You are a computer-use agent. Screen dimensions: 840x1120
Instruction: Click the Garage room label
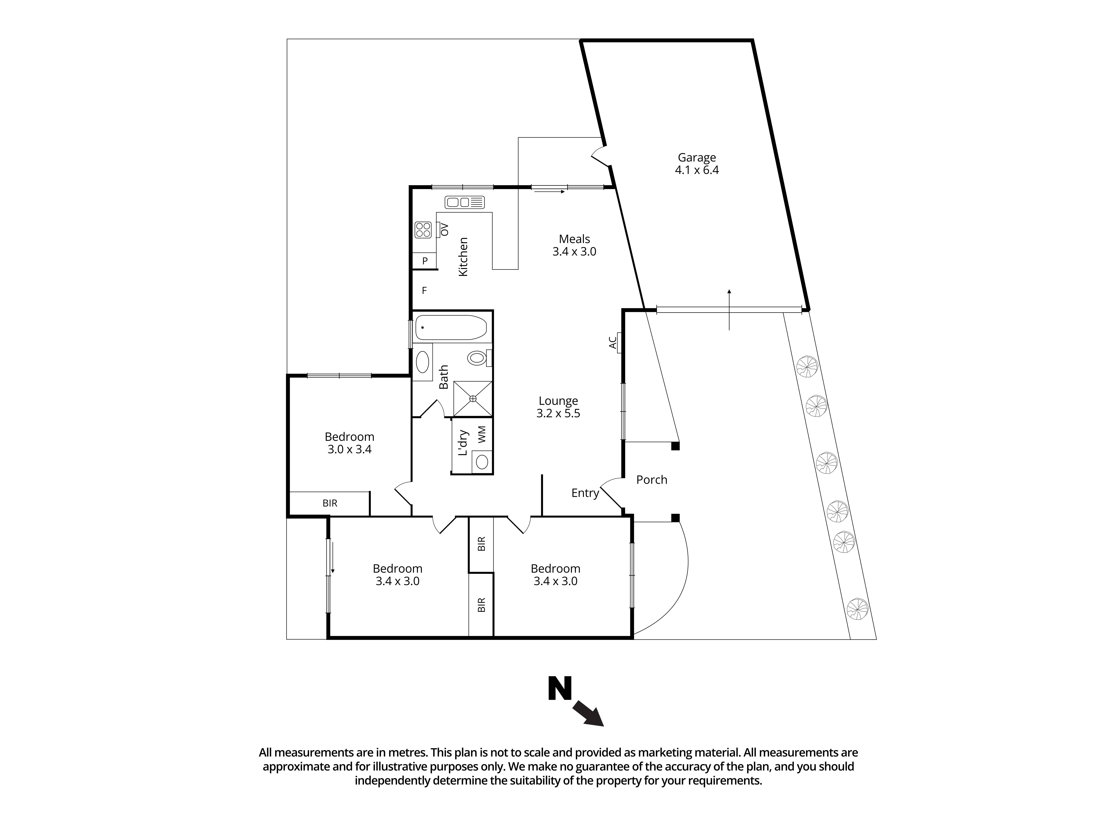[x=697, y=158]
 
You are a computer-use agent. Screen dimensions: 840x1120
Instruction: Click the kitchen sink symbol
[x=464, y=203]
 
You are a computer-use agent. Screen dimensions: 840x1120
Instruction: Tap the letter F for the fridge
[x=424, y=291]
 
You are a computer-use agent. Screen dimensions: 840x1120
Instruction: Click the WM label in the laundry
[x=482, y=434]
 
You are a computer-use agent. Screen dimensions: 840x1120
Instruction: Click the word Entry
[x=585, y=493]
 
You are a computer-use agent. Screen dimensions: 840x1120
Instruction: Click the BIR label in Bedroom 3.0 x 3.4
[x=330, y=503]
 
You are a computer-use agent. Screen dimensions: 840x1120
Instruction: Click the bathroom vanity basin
[x=422, y=363]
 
